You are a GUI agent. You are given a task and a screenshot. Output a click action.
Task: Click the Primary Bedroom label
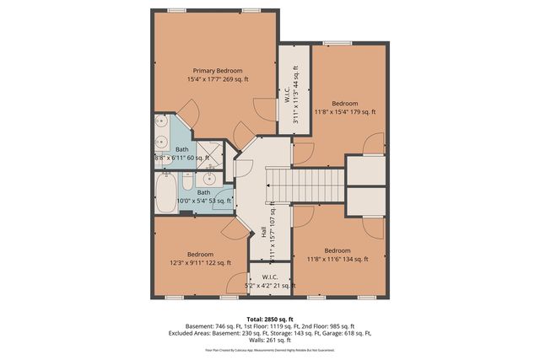[218, 71]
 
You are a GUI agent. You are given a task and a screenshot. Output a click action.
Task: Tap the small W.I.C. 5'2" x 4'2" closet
[270, 281]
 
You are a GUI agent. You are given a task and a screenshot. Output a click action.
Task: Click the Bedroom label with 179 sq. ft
[344, 103]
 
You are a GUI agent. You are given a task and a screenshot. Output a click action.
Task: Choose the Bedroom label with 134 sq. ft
[337, 250]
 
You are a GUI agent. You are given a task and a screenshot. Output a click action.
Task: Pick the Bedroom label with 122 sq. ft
[200, 254]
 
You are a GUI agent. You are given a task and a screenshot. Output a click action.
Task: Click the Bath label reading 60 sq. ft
[182, 149]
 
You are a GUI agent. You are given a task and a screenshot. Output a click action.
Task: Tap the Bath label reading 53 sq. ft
[203, 192]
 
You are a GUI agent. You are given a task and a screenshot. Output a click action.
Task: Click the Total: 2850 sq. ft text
[269, 320]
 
